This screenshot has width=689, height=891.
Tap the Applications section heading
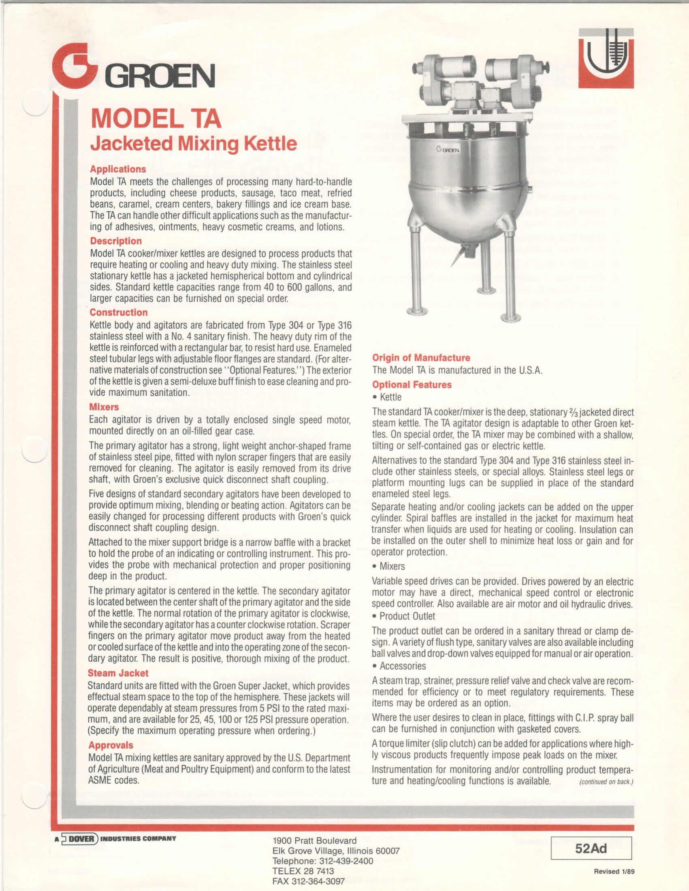118,169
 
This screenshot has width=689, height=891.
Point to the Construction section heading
119,313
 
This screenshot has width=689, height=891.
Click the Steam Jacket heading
118,673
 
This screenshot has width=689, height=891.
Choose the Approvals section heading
111,745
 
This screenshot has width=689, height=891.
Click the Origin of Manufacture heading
421,358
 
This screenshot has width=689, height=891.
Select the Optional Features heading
412,385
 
